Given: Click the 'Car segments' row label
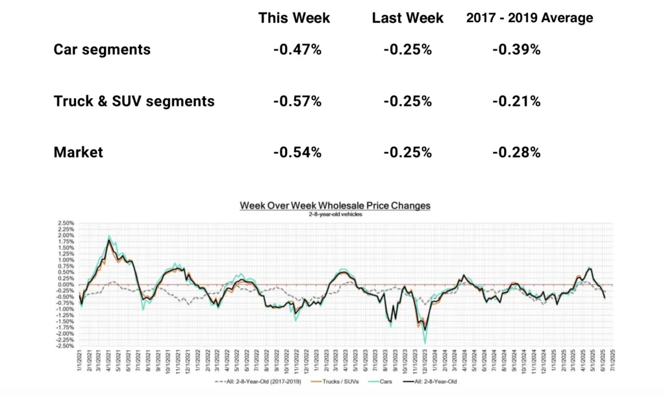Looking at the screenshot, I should pos(102,49).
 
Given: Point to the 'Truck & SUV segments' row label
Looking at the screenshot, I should pos(134,101).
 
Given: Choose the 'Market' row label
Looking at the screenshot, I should pos(78,152).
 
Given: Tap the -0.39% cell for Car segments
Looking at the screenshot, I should pos(516,49).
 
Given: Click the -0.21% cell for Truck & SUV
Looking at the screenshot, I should pos(516,101).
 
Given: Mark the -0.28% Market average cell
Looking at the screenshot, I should pos(516,152).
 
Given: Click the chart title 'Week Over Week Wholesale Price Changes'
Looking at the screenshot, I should pos(334,205).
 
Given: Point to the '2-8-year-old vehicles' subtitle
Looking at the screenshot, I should pos(334,214).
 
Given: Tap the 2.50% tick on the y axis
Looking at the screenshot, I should pos(66,223).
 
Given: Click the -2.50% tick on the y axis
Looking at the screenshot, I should pos(65,346).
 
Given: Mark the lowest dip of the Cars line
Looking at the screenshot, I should pos(425,342).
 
